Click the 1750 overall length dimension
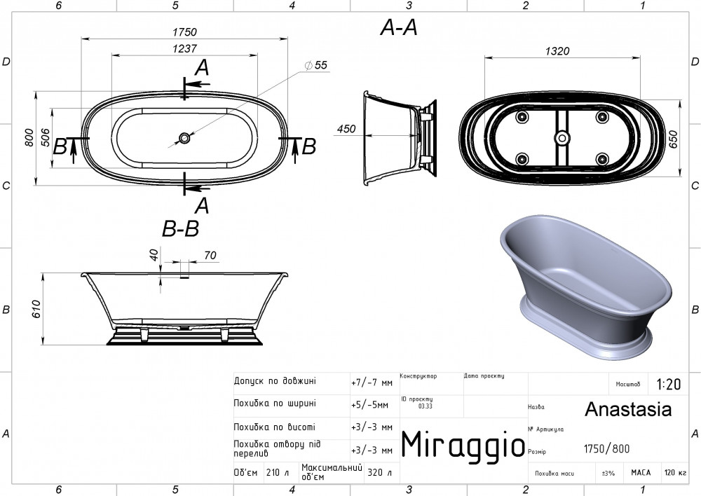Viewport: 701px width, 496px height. tap(184, 32)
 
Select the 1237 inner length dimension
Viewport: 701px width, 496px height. tap(184, 48)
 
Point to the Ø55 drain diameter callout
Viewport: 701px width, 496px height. tap(316, 65)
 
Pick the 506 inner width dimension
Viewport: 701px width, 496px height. tap(45, 138)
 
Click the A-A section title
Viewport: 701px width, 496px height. tap(399, 28)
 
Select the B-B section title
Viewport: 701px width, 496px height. tap(180, 229)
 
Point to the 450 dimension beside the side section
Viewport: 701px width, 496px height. tap(346, 129)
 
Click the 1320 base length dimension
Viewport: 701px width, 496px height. tap(557, 51)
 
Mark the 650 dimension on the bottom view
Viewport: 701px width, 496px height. tap(674, 139)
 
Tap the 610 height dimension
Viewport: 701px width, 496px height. tap(36, 309)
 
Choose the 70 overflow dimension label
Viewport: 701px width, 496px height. tap(210, 255)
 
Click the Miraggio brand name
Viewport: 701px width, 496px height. tap(463, 445)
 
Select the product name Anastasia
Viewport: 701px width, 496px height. tap(628, 409)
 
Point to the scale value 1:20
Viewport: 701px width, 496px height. tap(668, 385)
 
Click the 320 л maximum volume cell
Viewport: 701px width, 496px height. tap(379, 472)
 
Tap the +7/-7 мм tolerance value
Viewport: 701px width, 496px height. tap(372, 383)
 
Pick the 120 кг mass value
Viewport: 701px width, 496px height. tap(676, 473)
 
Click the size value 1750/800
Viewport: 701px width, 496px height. tap(606, 448)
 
